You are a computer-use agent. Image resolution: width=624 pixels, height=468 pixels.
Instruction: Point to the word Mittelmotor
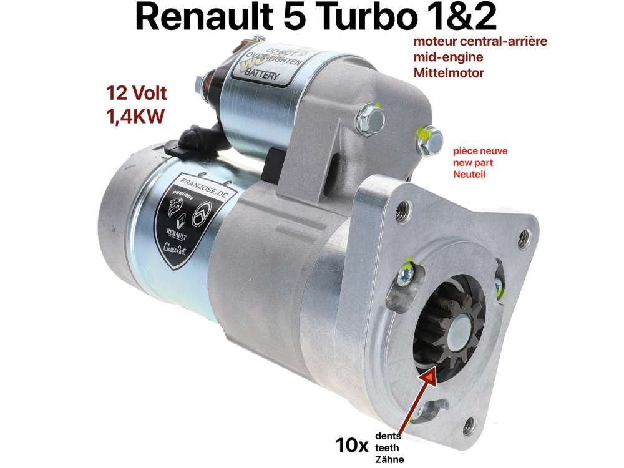[x=449, y=72]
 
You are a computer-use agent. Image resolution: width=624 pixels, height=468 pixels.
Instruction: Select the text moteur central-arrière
[x=477, y=42]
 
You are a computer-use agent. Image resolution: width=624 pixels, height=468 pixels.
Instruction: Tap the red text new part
[x=469, y=163]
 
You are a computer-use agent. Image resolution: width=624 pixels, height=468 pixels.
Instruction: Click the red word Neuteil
[x=469, y=175]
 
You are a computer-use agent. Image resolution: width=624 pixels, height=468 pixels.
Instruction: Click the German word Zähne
[x=390, y=459]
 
